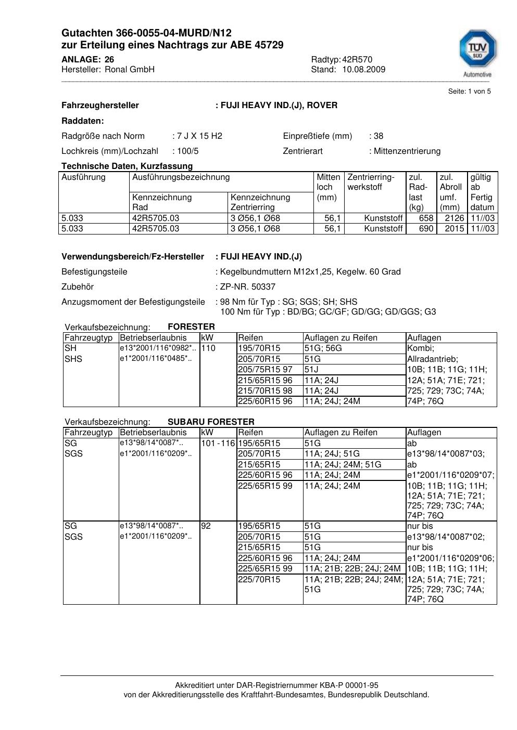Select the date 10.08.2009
(364, 70)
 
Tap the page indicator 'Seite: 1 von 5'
(469, 92)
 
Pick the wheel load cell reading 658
(426, 218)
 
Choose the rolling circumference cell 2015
(454, 229)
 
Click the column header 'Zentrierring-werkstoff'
(371, 182)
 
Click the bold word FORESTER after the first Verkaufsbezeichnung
(191, 327)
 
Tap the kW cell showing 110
(208, 348)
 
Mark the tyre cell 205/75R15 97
(265, 370)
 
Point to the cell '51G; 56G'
(323, 348)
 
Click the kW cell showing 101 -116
(218, 444)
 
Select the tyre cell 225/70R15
(259, 580)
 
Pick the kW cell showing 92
(206, 526)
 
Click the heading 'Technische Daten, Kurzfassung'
(127, 166)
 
